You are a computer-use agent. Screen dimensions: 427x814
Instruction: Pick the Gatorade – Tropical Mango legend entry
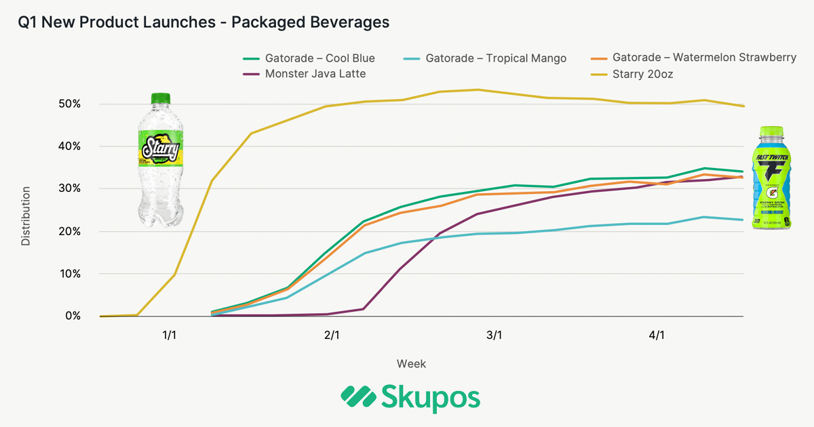495,58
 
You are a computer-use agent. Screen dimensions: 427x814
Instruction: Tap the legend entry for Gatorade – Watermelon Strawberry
703,58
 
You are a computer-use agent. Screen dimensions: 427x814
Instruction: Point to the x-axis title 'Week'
411,364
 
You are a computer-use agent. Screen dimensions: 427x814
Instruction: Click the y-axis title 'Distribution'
26,216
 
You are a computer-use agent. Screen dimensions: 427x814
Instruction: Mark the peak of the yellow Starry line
478,89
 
